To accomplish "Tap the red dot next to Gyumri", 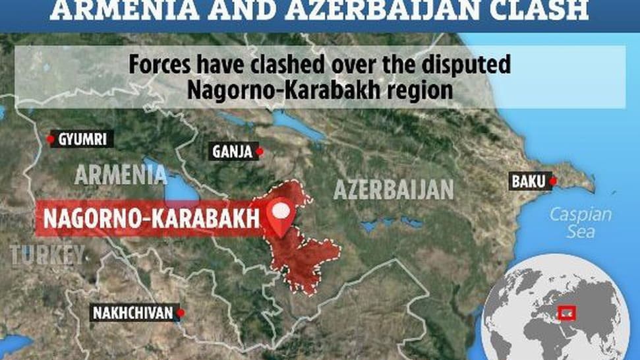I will click(51, 139).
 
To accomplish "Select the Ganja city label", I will click(232, 152).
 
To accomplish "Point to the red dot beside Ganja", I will click(260, 152).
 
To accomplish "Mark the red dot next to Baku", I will click(553, 181).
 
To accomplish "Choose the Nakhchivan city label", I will click(136, 313).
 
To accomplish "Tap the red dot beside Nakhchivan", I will click(181, 313).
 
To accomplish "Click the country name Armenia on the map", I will click(121, 175).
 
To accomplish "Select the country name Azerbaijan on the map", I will click(393, 189).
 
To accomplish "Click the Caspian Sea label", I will click(581, 223).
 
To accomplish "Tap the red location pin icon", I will click(281, 216).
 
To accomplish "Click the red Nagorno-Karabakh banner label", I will click(148, 219).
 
